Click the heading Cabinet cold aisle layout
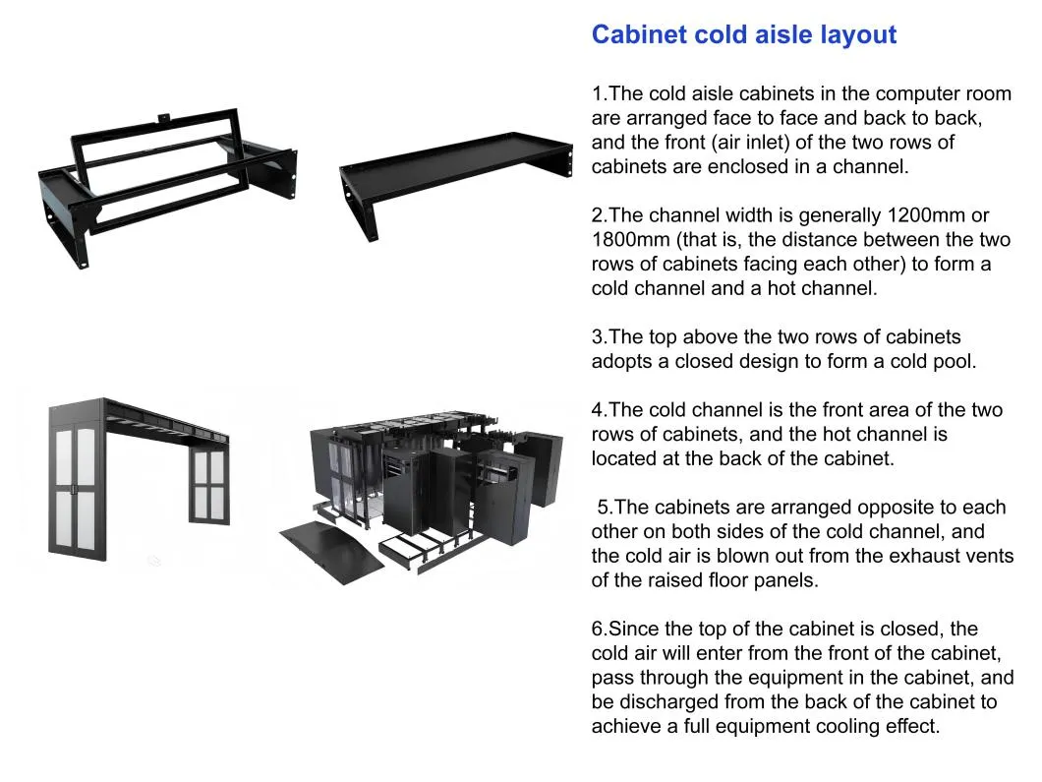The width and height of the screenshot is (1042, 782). [743, 35]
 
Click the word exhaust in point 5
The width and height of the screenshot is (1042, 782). [897, 556]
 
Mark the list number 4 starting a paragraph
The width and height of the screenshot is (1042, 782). [598, 410]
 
